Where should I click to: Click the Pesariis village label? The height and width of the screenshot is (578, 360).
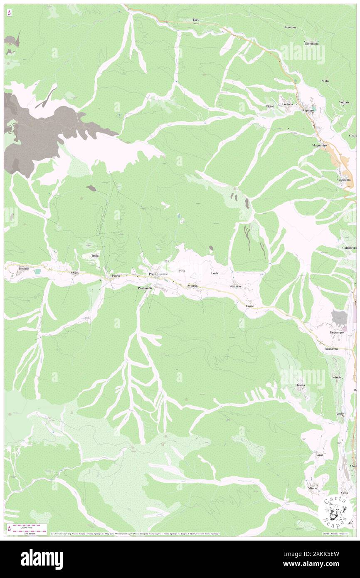24,269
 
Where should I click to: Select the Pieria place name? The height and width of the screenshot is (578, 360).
116,275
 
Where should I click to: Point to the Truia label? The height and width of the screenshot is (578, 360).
95,256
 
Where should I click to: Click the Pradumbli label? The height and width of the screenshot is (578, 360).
146,288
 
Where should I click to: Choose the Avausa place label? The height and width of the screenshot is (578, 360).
192,287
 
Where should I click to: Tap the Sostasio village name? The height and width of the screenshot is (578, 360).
235,287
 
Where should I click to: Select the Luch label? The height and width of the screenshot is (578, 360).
215,273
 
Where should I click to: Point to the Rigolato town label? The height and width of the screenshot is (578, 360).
308,111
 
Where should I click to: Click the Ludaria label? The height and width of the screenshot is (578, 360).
287,104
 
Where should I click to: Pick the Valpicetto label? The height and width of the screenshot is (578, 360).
344,180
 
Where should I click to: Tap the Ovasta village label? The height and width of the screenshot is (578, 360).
300,385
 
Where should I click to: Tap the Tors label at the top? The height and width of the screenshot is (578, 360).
196,20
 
